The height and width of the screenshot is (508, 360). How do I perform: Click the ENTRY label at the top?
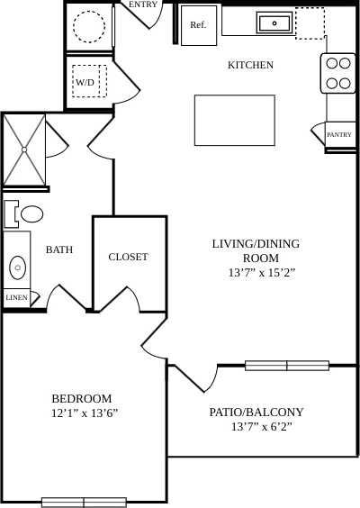[143, 5]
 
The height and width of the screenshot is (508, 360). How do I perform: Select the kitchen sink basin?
[273, 23]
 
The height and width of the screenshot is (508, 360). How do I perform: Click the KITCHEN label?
[250, 65]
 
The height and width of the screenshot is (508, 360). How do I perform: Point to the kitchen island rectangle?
[234, 119]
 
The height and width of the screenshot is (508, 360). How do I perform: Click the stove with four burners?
[338, 73]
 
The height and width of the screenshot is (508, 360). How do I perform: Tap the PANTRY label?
[339, 135]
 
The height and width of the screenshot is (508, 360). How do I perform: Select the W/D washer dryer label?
[85, 82]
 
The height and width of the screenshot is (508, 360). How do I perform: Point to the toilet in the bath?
[30, 214]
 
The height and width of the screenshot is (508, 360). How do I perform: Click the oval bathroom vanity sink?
[17, 268]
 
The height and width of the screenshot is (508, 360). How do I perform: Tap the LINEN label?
[15, 297]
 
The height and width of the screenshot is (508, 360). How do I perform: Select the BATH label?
[59, 249]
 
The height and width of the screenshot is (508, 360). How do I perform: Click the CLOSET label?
[128, 257]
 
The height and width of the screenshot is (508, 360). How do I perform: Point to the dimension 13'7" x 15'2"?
[255, 272]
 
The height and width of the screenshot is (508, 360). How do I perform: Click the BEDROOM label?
[81, 398]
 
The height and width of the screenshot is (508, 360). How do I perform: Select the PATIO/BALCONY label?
[256, 412]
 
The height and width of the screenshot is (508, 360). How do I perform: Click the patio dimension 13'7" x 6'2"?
[256, 426]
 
